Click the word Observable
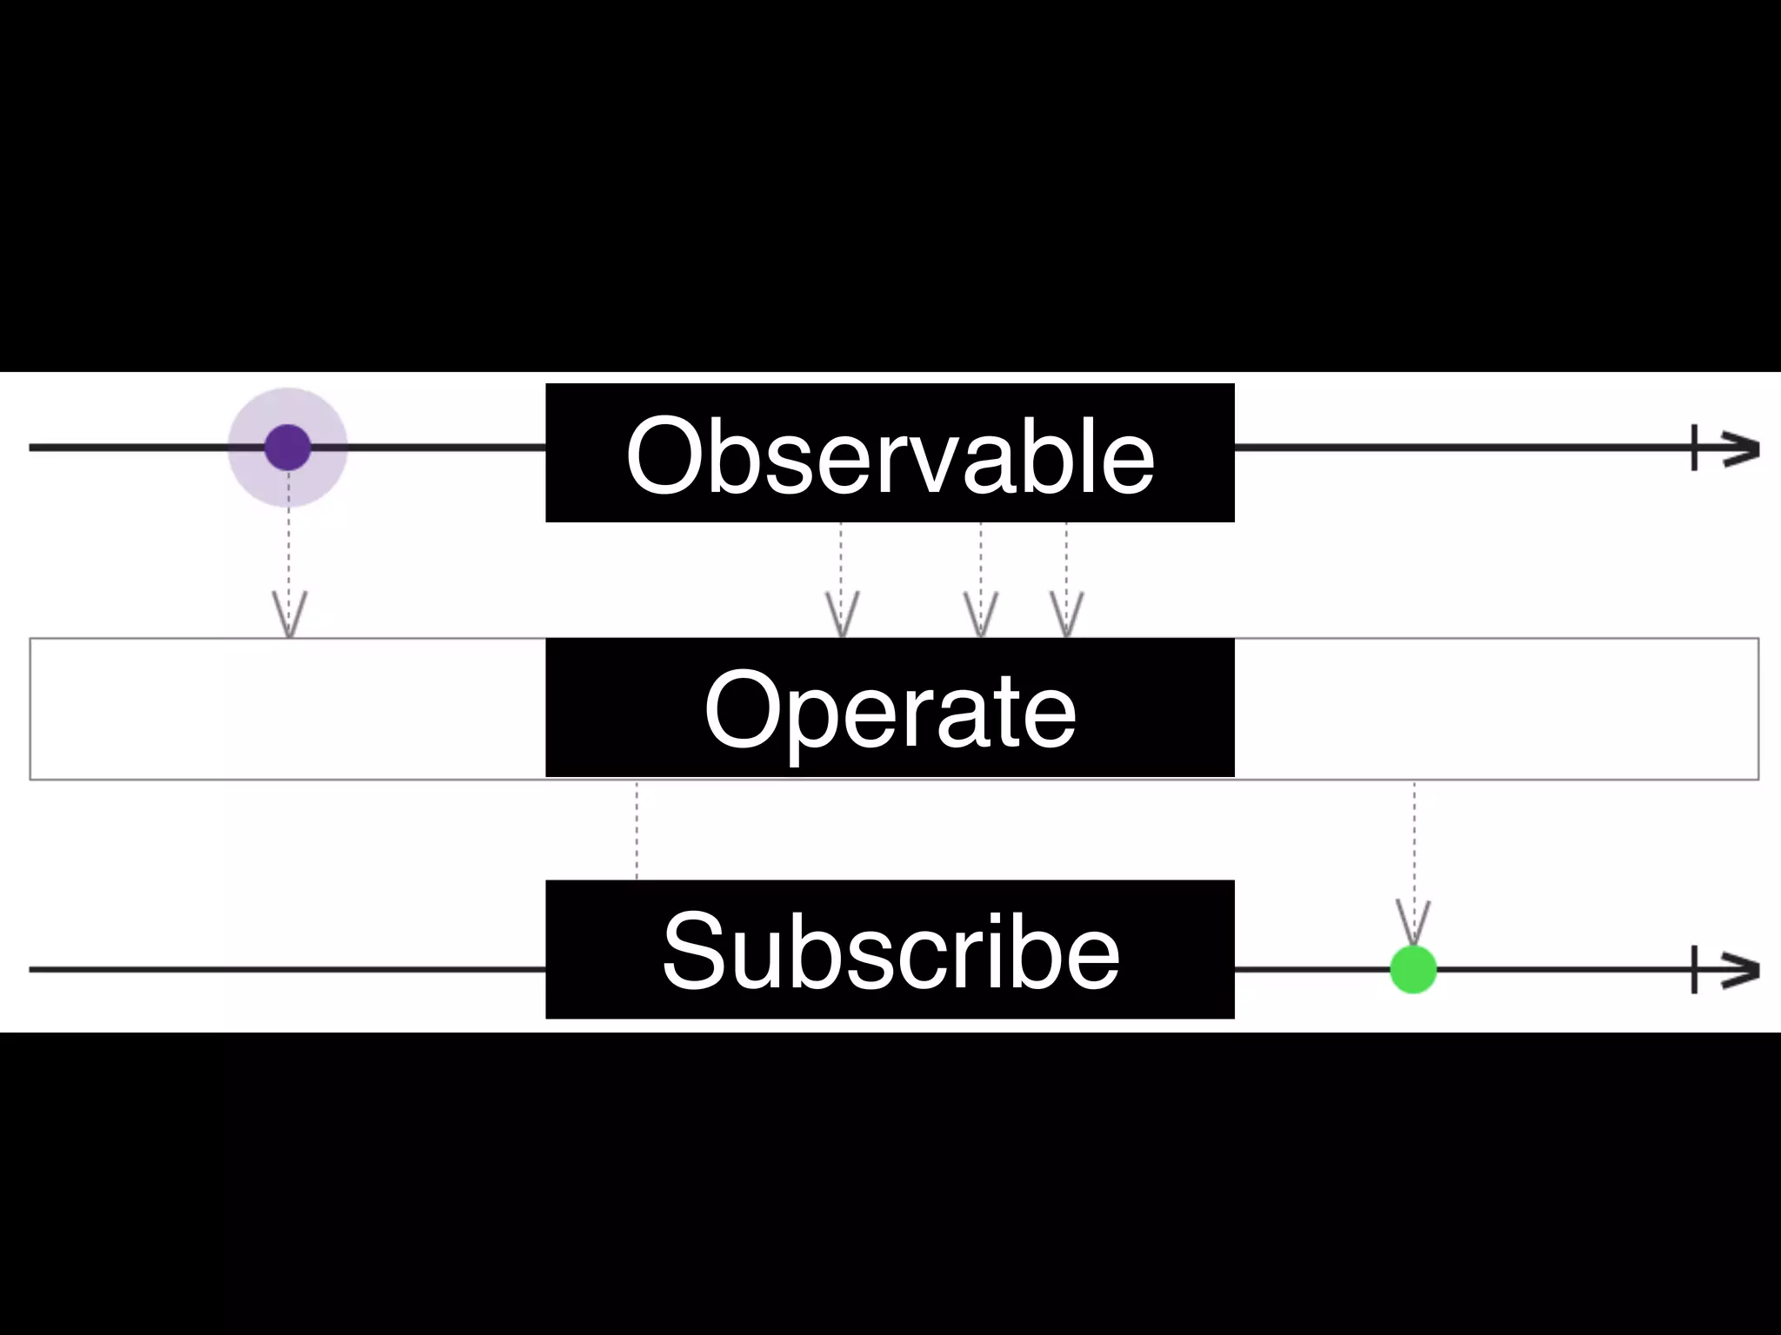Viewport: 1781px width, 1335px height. coord(890,455)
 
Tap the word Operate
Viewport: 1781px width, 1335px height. coord(890,711)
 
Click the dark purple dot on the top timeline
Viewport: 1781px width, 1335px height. coord(288,448)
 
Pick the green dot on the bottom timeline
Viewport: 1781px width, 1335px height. coord(1413,969)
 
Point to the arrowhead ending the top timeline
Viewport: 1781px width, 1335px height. coord(1742,448)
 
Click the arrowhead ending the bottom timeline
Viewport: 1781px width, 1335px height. coord(1742,970)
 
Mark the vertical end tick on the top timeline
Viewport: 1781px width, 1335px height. coord(1694,448)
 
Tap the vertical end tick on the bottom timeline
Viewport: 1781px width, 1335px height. coord(1694,970)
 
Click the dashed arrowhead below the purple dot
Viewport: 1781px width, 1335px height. coord(290,615)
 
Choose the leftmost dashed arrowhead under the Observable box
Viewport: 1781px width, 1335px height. coord(842,615)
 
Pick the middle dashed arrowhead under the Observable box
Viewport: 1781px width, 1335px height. coord(981,615)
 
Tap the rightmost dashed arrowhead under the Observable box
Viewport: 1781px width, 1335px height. coord(1067,615)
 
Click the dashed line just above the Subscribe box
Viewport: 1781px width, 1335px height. coord(637,830)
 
